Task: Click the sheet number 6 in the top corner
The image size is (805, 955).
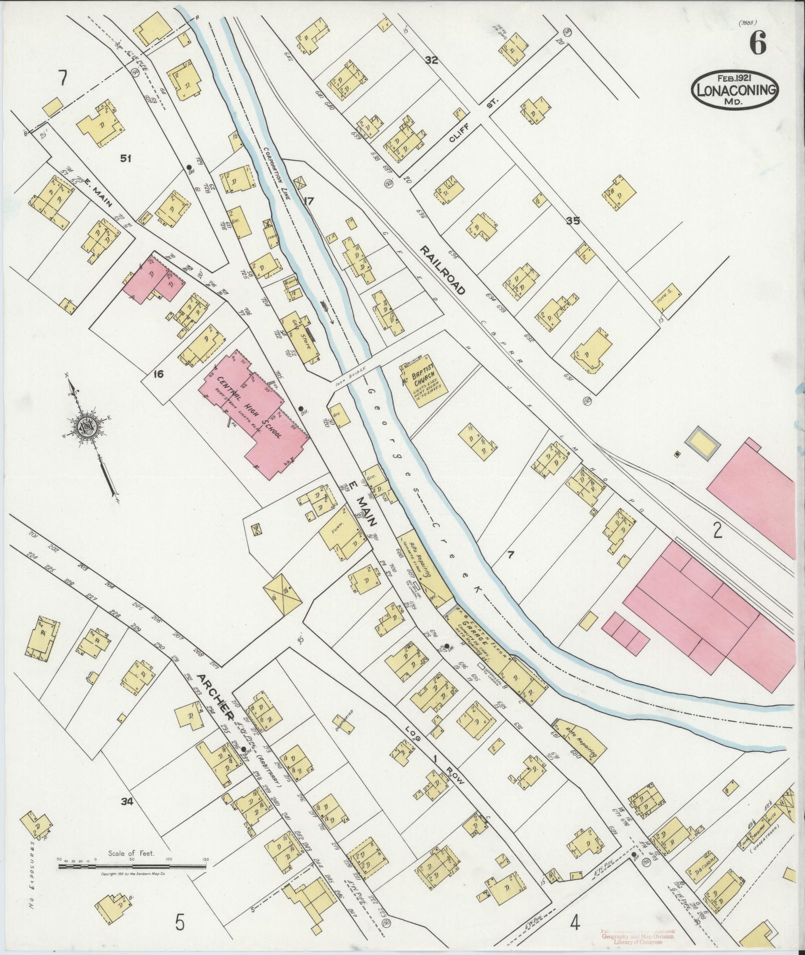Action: (757, 46)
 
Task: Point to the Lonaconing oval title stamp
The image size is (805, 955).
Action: (735, 89)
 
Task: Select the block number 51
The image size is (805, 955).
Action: (125, 159)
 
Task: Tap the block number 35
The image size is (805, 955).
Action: (572, 221)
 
